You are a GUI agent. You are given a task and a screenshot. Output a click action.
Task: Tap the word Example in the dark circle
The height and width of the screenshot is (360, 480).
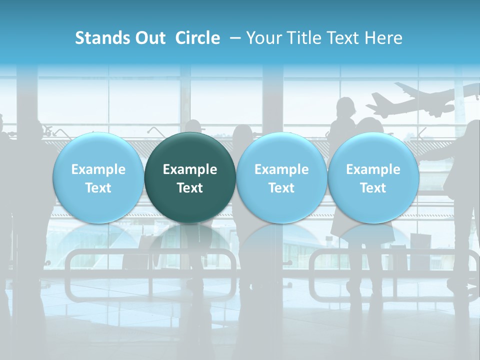[x=190, y=169]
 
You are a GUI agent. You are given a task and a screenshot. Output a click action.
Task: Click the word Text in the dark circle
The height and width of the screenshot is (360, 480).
[x=190, y=188]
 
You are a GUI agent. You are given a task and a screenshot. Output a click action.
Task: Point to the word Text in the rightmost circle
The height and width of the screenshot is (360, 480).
[x=373, y=188]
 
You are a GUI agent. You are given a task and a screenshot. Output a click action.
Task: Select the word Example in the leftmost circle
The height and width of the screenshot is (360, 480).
[x=98, y=169]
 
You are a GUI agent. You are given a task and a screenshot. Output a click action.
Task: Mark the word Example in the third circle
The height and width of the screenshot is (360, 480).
[x=281, y=169]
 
